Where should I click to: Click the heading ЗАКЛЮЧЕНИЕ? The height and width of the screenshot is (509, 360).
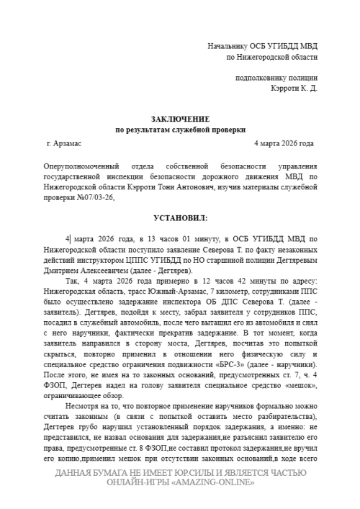click(180, 118)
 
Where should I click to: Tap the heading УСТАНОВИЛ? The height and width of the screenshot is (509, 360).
click(180, 217)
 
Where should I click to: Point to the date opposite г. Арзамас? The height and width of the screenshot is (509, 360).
click(285, 144)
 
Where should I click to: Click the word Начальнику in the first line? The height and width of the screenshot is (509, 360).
click(229, 46)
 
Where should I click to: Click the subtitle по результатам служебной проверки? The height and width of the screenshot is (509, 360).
click(180, 129)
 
